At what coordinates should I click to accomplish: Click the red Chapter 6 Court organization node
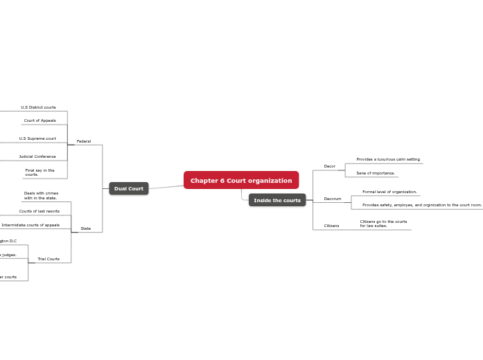tap(241, 181)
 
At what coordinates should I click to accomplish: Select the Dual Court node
tap(129, 188)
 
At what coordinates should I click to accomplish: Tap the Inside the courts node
tap(277, 200)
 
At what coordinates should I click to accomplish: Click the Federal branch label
tap(84, 141)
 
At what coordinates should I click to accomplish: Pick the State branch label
tap(86, 228)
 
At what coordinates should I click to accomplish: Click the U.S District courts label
tap(38, 107)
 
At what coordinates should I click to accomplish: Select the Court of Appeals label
tap(40, 120)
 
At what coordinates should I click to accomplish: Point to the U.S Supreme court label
tap(37, 138)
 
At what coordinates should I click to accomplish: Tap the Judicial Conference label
tap(37, 156)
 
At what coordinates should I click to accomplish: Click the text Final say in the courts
tap(39, 172)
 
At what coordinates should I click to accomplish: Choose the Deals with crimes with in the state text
tap(41, 196)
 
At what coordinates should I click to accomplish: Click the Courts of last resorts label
tap(39, 211)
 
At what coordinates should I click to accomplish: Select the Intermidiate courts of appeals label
tap(30, 225)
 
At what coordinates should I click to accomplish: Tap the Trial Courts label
tap(49, 259)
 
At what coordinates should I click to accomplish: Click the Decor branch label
tap(330, 166)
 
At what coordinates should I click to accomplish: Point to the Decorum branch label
tap(333, 199)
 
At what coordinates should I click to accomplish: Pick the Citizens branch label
tap(332, 226)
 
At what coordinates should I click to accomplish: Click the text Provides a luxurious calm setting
tap(388, 159)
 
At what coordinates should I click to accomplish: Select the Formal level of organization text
tap(389, 192)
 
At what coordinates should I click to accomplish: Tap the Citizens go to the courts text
tap(383, 224)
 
